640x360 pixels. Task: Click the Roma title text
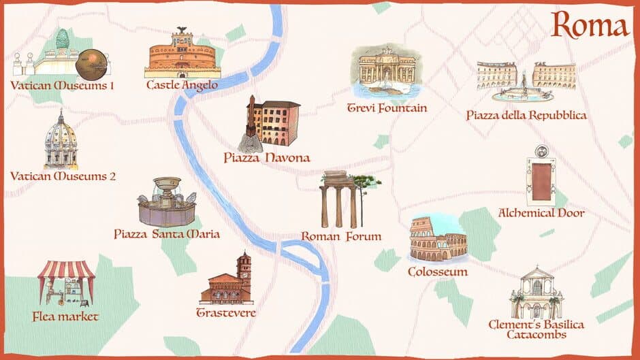590,26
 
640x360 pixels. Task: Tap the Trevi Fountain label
387,108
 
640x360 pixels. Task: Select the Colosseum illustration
437,240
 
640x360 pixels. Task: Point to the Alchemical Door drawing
541,180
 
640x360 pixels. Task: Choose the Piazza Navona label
267,158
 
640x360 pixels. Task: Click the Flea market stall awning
66,271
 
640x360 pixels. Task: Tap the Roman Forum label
341,237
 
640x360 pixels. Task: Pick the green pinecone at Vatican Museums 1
62,39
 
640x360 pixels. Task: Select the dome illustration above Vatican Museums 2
61,140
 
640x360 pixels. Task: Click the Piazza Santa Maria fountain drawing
167,202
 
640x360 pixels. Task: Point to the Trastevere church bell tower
244,267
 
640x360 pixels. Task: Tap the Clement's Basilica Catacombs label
536,329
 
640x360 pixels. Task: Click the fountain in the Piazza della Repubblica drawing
523,91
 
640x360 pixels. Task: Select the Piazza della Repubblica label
526,115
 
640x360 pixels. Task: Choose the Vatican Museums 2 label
63,176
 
